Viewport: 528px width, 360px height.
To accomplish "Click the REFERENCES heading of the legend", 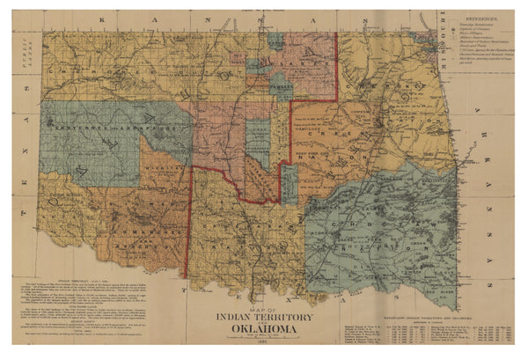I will click(x=480, y=17).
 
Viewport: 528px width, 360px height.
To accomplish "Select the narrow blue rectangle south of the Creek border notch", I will click(x=290, y=185).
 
